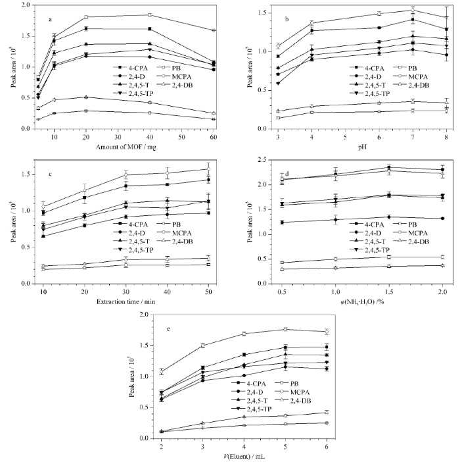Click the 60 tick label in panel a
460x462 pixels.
point(214,136)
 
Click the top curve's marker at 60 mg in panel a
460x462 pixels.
point(214,30)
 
